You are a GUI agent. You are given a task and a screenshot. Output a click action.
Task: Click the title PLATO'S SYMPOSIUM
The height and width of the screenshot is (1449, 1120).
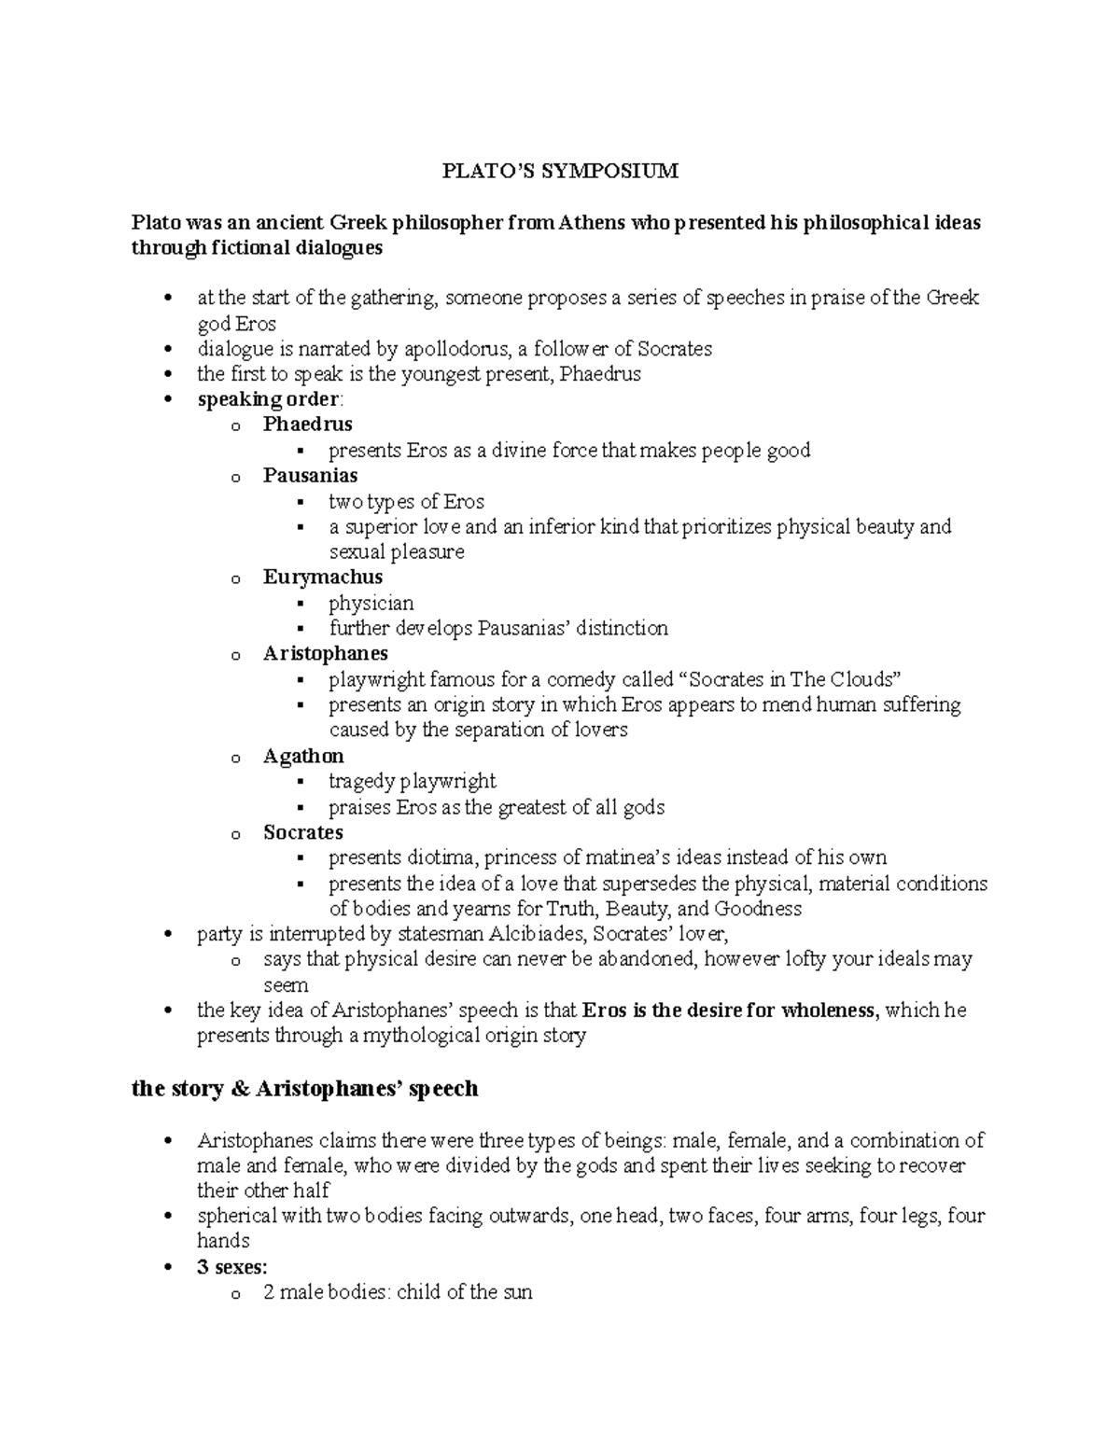(x=560, y=171)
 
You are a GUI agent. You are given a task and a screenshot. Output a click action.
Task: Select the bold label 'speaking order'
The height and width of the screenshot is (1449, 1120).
(x=269, y=399)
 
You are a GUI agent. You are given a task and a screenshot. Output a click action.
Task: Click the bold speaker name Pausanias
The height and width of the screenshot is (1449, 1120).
(x=310, y=475)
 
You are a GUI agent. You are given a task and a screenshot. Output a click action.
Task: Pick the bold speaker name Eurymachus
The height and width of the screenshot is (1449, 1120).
(x=322, y=577)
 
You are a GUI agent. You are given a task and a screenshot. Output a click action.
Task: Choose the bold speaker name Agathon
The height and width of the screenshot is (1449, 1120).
(x=303, y=756)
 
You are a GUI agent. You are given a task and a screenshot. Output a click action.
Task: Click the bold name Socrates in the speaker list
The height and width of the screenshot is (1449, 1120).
(x=302, y=832)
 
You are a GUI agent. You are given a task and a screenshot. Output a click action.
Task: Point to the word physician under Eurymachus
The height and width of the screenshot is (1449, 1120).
(x=371, y=603)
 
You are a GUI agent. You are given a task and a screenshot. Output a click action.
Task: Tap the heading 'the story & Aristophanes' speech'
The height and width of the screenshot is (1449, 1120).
(x=304, y=1089)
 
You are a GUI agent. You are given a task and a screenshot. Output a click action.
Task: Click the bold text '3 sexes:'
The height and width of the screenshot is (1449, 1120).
(x=231, y=1267)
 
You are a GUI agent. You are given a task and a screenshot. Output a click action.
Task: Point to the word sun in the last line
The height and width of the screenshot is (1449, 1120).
(x=515, y=1293)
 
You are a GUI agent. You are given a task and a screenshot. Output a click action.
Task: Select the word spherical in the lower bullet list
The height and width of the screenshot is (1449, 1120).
(x=236, y=1216)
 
